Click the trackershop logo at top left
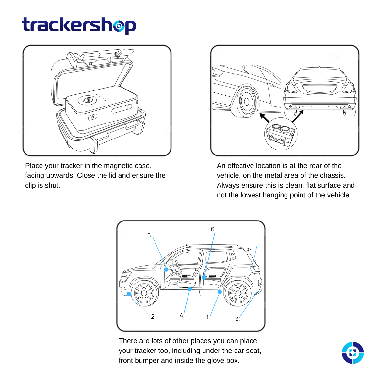79,25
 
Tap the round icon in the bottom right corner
352,353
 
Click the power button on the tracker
93,117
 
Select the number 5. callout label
150,236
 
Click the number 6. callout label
213,229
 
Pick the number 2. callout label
153,317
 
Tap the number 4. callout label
182,315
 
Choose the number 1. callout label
208,317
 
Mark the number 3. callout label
237,319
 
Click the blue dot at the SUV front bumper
129,294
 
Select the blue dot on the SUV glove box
166,269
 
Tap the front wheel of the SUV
144,293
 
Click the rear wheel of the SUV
238,293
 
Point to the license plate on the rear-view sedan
319,88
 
